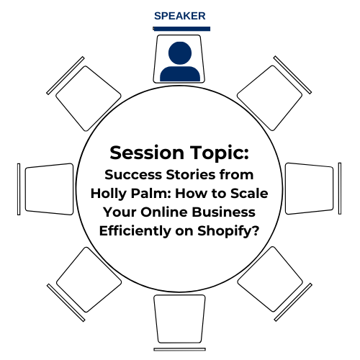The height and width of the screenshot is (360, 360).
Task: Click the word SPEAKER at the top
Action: (180, 16)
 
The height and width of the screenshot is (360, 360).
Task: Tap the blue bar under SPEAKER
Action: (181, 29)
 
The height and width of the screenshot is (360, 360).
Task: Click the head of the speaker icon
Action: (180, 53)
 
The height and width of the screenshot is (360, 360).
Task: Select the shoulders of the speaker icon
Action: (180, 73)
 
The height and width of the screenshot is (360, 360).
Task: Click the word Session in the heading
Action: (147, 153)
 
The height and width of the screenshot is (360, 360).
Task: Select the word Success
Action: (133, 174)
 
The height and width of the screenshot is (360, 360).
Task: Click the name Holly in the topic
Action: (109, 194)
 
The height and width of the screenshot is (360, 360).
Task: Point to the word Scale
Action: (249, 193)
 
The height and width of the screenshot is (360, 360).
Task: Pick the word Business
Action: (224, 212)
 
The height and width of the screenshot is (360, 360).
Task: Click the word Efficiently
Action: (135, 231)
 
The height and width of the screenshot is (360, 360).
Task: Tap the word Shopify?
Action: (228, 231)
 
